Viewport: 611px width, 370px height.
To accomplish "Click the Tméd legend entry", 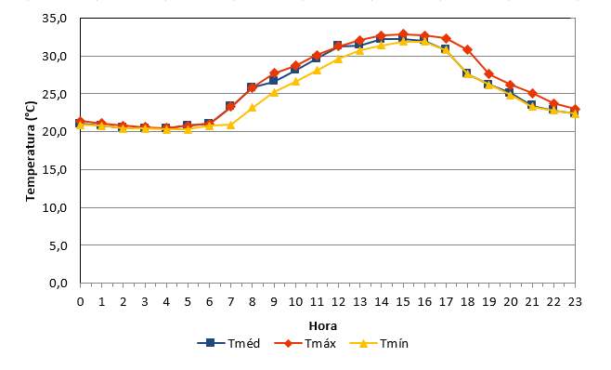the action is tap(228, 343).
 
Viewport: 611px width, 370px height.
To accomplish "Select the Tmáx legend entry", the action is tap(305, 343).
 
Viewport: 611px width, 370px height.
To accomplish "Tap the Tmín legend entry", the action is tap(379, 343).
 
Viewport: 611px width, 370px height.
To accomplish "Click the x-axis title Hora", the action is tap(322, 326).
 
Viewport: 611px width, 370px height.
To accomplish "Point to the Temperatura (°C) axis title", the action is tap(31, 152).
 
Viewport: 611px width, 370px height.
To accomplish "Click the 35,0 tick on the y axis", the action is tap(55, 19).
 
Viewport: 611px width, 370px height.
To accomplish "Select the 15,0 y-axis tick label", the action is tap(55, 170).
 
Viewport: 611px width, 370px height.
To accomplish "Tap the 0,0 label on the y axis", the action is tap(58, 283).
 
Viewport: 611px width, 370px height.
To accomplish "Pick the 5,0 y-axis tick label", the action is tap(58, 245).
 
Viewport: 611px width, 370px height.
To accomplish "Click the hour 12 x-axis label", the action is tap(338, 302).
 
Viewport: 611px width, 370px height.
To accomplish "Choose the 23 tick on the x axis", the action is tap(575, 302).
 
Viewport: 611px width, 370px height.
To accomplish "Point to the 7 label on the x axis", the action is tap(230, 302).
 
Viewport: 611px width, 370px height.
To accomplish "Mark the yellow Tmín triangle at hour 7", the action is tap(230, 125).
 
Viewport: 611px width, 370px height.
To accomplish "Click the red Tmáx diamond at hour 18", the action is tap(468, 50).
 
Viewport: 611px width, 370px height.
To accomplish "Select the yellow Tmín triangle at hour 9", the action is tap(274, 93).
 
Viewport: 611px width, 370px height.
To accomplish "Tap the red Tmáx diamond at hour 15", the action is tap(403, 34).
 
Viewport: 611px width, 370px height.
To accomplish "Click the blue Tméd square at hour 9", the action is tap(273, 81).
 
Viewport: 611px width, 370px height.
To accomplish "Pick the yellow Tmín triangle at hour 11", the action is tap(317, 71).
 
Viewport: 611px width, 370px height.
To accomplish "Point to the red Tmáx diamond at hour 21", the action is tap(532, 94).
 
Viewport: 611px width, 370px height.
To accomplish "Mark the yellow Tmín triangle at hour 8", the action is tap(253, 107).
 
